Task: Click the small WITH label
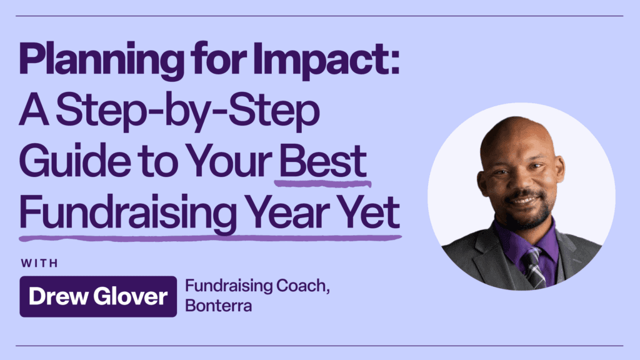39,262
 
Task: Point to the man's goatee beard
525,216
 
